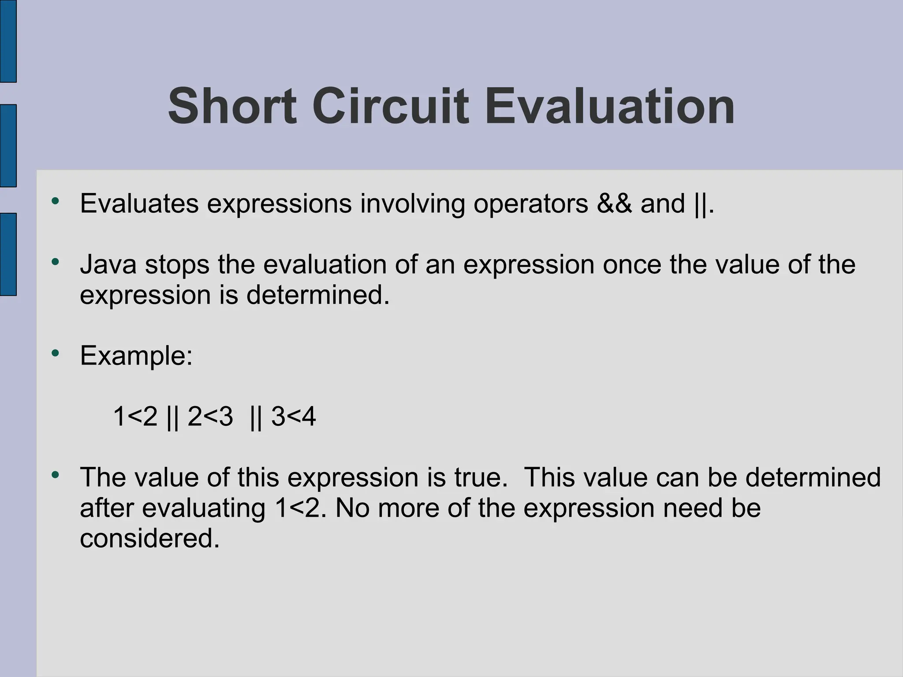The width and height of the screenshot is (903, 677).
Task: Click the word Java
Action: click(x=108, y=264)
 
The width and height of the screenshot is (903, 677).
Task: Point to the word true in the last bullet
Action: click(x=481, y=477)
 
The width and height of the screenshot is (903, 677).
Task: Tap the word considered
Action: click(x=149, y=538)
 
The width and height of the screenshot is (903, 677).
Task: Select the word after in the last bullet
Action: click(x=107, y=508)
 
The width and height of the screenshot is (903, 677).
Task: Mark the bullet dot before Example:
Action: click(x=55, y=353)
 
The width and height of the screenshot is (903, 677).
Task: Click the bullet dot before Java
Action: click(x=55, y=262)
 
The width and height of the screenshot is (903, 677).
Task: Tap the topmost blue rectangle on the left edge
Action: click(x=8, y=41)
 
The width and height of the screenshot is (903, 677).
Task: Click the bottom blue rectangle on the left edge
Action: click(x=8, y=254)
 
